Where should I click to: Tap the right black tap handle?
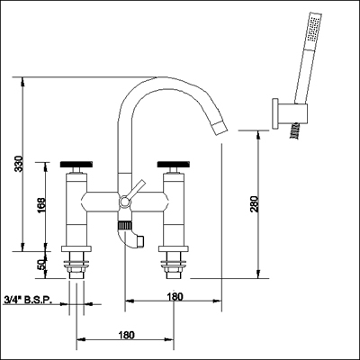coord(173,166)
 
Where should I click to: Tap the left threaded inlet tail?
coord(76,266)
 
